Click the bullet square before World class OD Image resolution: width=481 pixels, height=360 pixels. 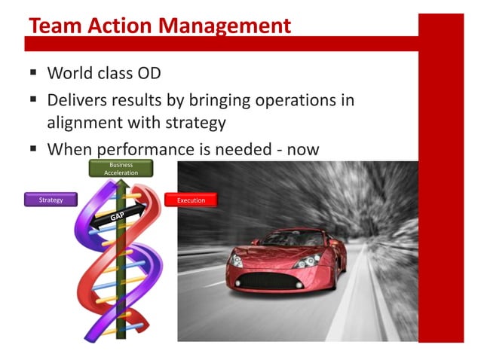pos(33,73)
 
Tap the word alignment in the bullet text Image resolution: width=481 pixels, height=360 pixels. pos(85,123)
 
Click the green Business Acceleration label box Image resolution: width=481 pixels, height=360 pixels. pos(121,169)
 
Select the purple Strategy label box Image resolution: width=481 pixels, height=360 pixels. pos(51,200)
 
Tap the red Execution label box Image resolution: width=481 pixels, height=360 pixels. pos(190,200)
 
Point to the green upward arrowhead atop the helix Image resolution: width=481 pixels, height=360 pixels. pos(121,182)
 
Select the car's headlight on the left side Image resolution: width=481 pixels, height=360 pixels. pos(236,260)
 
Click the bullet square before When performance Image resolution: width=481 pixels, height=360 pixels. pos(33,148)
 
